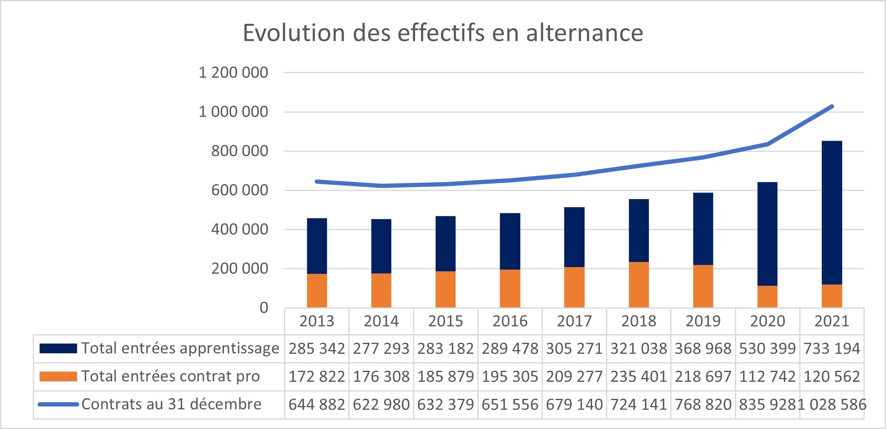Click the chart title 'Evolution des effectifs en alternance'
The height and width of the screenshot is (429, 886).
443,33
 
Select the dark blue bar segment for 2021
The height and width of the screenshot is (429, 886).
832,213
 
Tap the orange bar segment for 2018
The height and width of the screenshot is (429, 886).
639,285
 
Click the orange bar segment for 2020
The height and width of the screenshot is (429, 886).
767,297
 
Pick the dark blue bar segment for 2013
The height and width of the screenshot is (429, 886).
317,246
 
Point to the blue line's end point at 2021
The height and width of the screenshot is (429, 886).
832,106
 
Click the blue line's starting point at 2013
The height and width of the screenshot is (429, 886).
317,182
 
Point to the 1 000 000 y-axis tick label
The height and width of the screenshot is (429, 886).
233,112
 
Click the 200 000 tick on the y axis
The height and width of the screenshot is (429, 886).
240,269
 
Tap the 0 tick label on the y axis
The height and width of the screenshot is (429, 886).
264,308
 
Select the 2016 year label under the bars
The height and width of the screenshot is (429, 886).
510,321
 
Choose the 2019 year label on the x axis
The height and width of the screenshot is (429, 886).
703,321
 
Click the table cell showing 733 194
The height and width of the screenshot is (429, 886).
832,349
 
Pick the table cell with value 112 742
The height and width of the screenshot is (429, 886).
767,377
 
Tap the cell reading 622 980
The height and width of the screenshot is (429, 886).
381,404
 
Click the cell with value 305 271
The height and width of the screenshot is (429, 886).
574,349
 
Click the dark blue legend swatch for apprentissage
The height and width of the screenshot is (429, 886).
58,349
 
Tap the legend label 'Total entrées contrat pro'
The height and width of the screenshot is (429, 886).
170,377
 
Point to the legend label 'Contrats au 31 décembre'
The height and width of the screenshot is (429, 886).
171,404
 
